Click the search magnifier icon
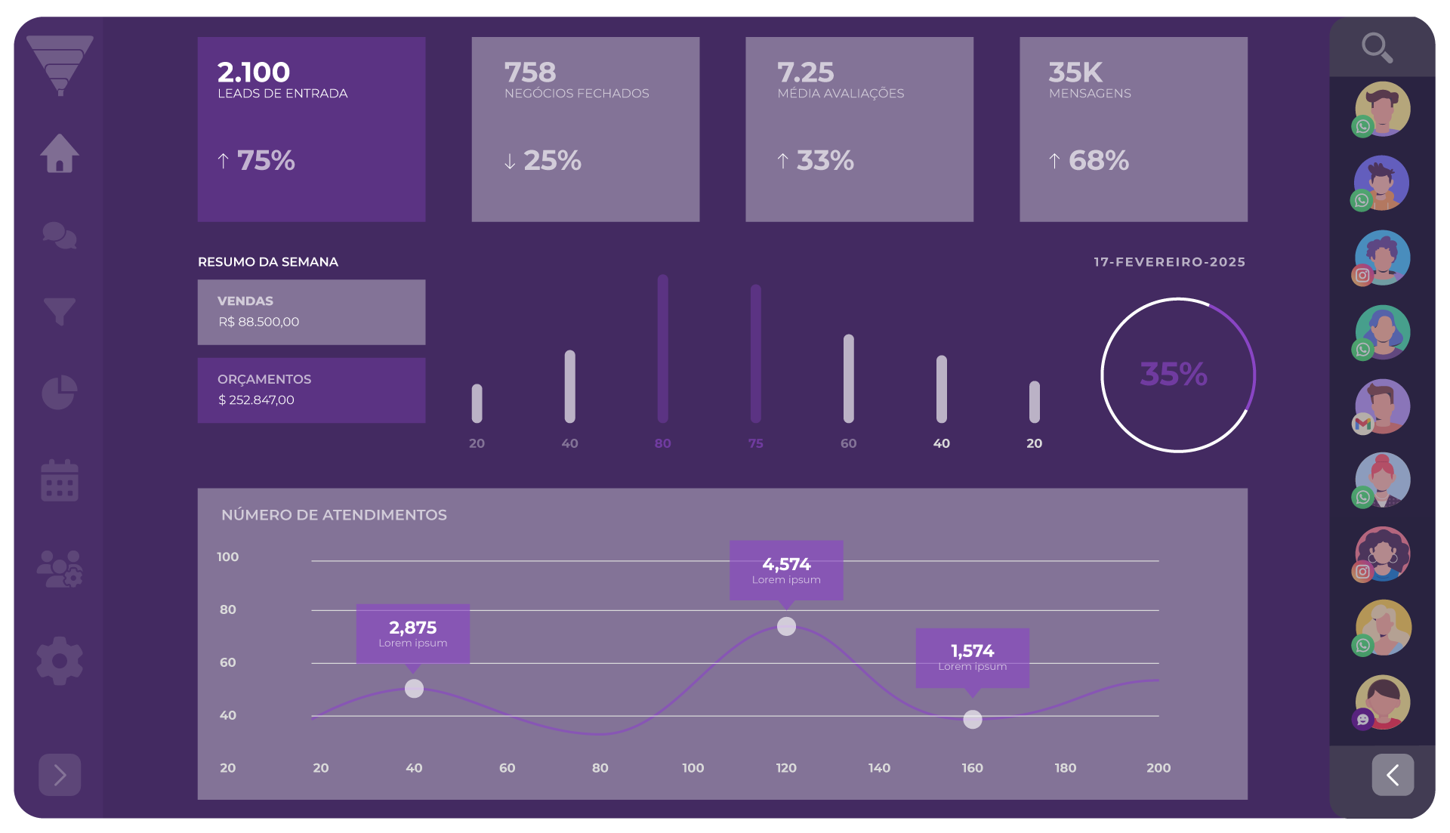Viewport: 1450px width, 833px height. [1377, 48]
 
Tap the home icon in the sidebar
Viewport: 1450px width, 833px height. [60, 153]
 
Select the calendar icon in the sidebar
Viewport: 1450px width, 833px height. [60, 480]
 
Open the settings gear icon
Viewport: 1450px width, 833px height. [60, 661]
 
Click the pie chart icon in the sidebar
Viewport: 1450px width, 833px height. [60, 392]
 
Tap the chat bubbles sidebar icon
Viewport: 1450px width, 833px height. [60, 236]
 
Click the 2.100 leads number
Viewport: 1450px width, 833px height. [254, 73]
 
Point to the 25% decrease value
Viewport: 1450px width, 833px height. [552, 160]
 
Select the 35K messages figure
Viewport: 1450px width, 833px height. [1075, 73]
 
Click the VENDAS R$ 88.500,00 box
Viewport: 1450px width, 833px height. [311, 312]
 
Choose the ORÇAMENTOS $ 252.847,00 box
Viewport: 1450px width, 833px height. [311, 390]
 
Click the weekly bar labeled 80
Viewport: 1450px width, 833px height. [662, 349]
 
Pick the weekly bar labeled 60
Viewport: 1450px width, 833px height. [848, 378]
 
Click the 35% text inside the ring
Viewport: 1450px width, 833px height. [1174, 374]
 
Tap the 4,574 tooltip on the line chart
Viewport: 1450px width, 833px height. [786, 570]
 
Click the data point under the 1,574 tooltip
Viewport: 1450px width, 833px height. [973, 720]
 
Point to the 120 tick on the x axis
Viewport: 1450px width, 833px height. [786, 768]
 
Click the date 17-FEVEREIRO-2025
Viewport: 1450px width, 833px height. [1169, 262]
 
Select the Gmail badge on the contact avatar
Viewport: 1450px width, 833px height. [1362, 424]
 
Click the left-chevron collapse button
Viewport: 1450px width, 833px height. [1393, 775]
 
